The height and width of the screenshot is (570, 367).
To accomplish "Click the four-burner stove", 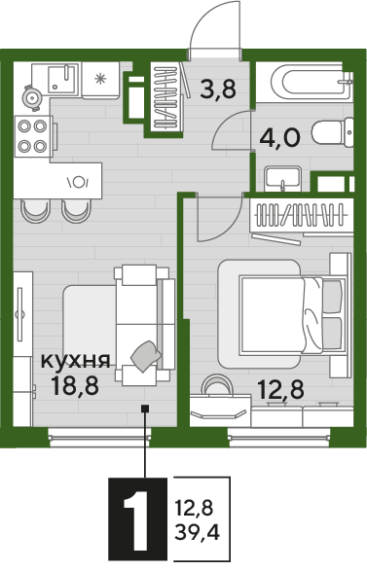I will pyautogui.click(x=34, y=135).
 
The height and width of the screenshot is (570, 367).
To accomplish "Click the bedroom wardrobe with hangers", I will pyautogui.click(x=301, y=215).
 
